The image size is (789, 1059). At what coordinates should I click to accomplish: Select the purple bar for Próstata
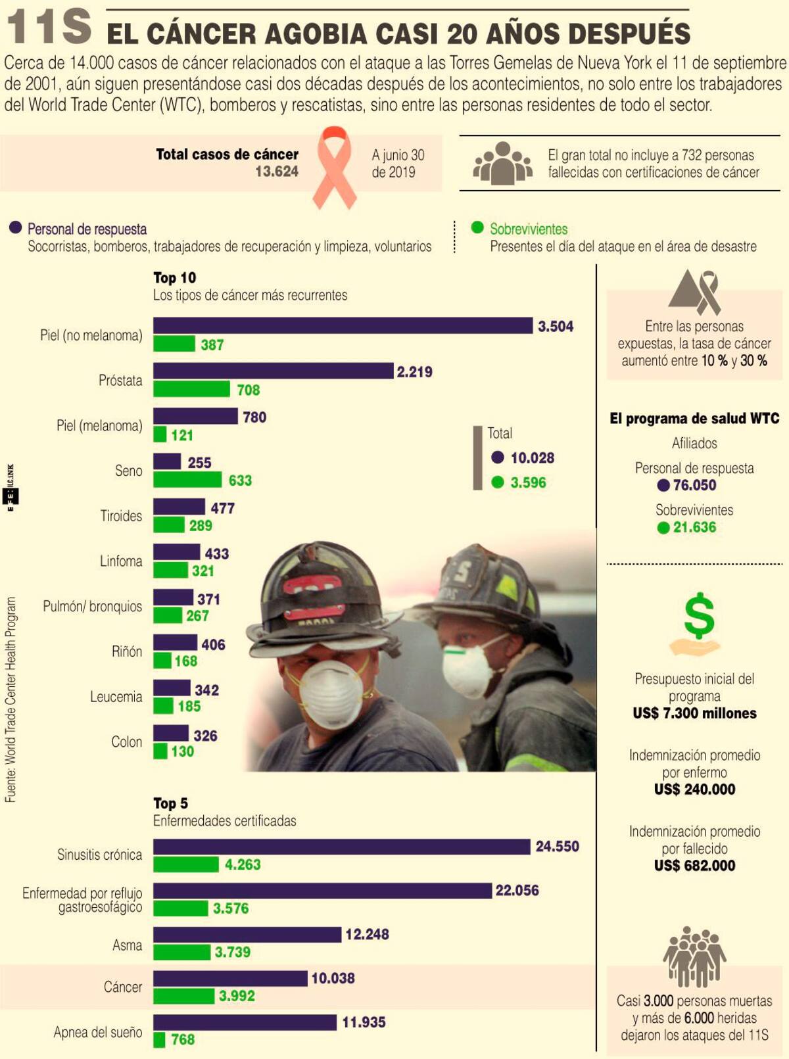click(x=273, y=371)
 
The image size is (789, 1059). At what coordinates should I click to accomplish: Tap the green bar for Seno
click(x=187, y=480)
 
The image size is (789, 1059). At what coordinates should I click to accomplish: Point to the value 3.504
click(x=555, y=327)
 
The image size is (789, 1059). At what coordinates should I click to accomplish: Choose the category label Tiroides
click(x=121, y=516)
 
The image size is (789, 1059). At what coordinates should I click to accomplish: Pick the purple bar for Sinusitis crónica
click(x=341, y=847)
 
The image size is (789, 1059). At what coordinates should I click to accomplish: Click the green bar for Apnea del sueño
click(x=159, y=1039)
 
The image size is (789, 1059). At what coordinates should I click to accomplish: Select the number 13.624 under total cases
click(x=277, y=172)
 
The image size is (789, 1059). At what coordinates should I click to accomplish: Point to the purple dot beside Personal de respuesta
click(x=16, y=228)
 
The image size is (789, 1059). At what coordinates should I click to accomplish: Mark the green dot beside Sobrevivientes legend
click(x=477, y=227)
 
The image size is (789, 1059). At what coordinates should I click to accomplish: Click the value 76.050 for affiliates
click(x=694, y=485)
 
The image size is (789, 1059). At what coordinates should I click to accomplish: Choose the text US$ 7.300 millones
click(x=694, y=713)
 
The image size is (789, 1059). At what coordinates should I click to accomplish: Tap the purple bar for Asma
click(x=247, y=934)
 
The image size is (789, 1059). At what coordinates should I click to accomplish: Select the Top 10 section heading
click(x=174, y=277)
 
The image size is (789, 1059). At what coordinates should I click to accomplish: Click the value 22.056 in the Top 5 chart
click(x=517, y=891)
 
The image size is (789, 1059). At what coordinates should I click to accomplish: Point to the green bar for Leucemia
click(x=163, y=706)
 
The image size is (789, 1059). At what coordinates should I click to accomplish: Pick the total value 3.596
click(x=528, y=482)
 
